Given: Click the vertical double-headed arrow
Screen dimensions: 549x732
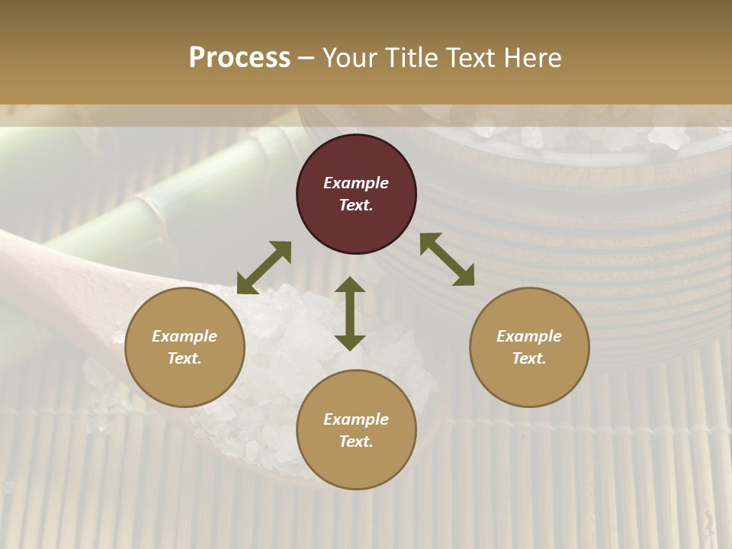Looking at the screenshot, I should click(350, 313).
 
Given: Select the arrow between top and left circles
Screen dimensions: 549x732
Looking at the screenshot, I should click(264, 268).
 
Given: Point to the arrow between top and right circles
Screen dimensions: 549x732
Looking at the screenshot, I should click(447, 259).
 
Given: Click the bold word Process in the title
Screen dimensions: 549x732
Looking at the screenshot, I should click(239, 57).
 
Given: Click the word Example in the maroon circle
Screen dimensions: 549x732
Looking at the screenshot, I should click(356, 183).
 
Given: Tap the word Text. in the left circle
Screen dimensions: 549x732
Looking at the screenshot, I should click(185, 358).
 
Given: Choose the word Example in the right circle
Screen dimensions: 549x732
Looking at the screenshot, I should click(529, 336).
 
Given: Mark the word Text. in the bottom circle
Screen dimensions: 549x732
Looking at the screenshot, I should click(356, 441).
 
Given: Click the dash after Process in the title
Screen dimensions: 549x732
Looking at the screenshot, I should click(306, 58).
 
